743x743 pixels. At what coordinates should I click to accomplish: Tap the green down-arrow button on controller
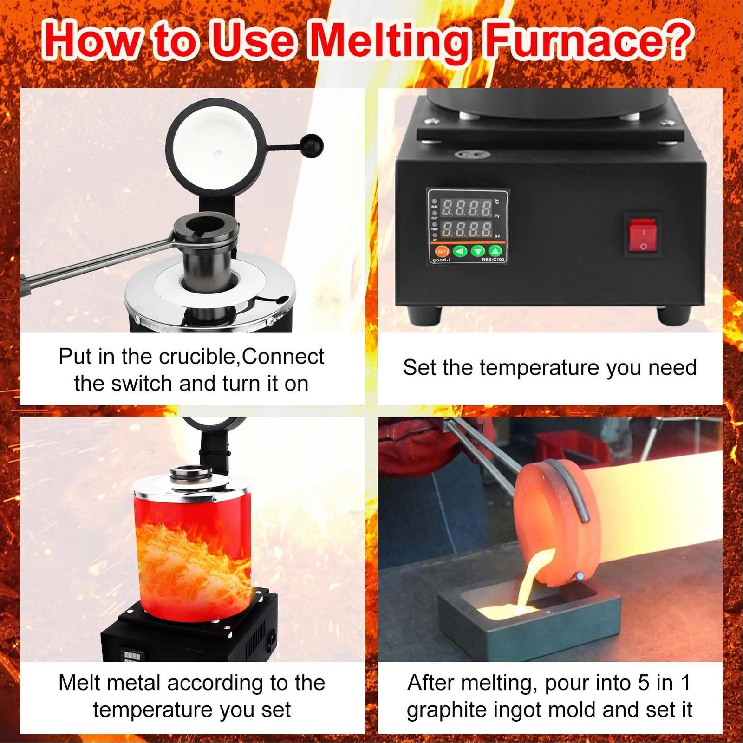click(477, 251)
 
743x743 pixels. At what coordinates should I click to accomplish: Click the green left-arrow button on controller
click(460, 251)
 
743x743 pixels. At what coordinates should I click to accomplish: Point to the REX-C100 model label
click(492, 260)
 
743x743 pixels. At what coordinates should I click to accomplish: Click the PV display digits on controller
click(466, 209)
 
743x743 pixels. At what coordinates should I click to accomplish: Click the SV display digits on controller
click(466, 229)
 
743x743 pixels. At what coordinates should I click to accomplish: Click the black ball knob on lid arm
click(311, 146)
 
